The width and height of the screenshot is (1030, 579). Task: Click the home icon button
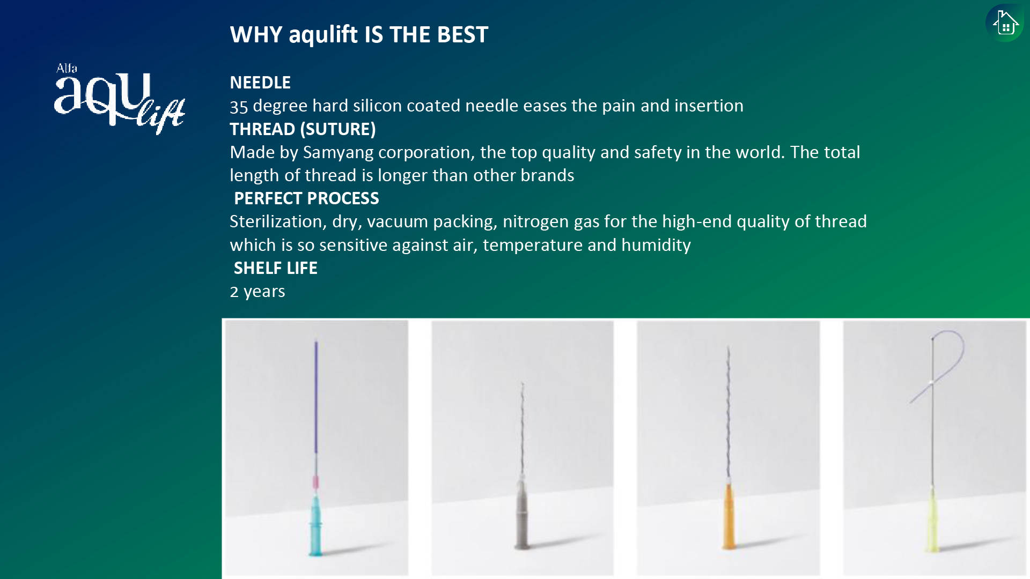(x=1005, y=23)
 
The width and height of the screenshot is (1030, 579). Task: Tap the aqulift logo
(x=120, y=99)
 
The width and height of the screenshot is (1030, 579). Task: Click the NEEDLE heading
(x=260, y=83)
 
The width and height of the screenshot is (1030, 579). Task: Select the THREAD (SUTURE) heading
(x=303, y=129)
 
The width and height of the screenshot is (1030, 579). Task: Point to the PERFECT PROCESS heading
(x=306, y=198)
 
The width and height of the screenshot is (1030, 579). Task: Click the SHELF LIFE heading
(x=275, y=268)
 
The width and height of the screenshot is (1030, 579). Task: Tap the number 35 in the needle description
(x=239, y=106)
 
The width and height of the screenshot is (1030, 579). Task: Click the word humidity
(x=656, y=245)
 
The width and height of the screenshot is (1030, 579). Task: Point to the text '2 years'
(x=257, y=292)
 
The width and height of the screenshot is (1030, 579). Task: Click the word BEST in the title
(x=462, y=35)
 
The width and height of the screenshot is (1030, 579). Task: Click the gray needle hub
(x=521, y=515)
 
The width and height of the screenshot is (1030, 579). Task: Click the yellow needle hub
(x=933, y=519)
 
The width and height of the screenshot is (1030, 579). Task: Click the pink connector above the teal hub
(x=315, y=482)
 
